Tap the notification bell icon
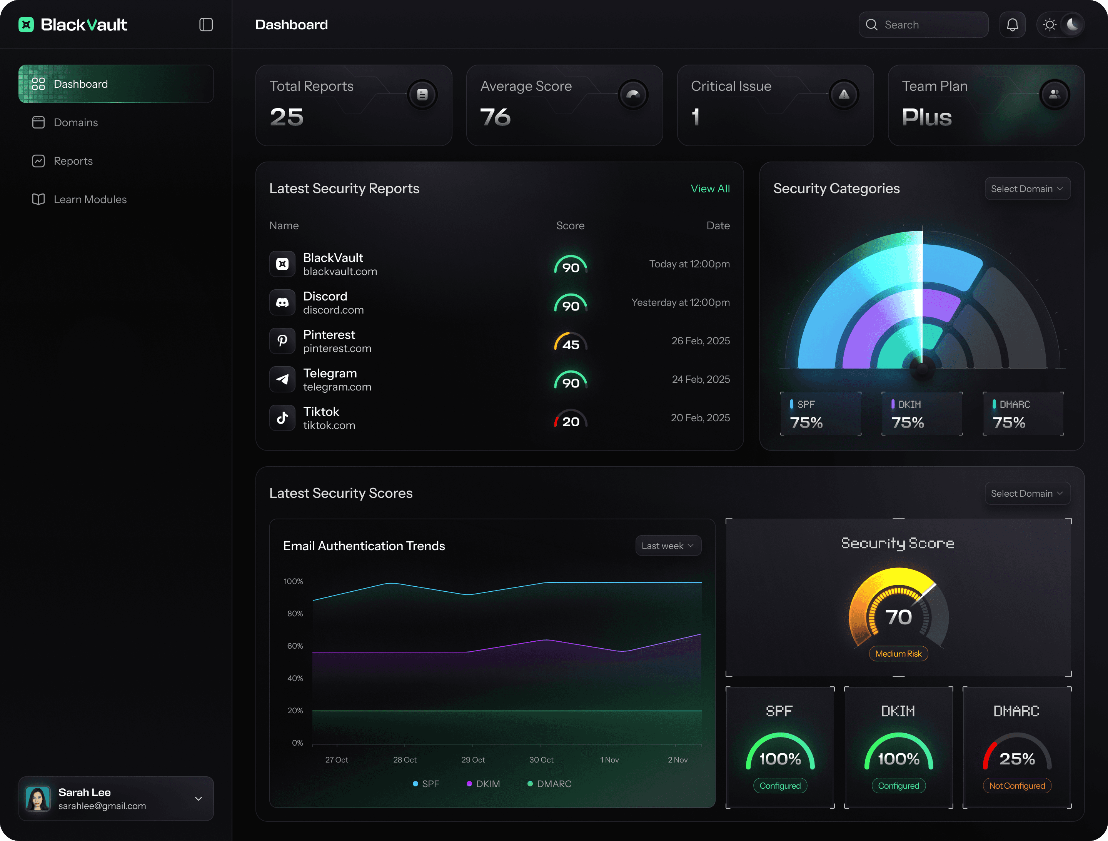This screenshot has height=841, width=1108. (x=1012, y=25)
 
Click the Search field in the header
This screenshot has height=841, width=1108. (x=923, y=25)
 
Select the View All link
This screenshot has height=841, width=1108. (x=710, y=189)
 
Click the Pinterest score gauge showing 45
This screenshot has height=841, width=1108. (x=571, y=342)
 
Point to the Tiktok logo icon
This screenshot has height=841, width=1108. (x=282, y=418)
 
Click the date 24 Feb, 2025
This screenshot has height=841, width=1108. (x=701, y=379)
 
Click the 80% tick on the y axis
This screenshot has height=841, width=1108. (x=295, y=614)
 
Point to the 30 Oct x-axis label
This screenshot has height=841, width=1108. (x=541, y=760)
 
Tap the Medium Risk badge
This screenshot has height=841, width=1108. (x=898, y=654)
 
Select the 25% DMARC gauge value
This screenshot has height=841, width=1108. (x=1017, y=759)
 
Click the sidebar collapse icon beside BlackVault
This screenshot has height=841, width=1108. (x=206, y=25)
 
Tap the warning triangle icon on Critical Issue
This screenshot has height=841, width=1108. (x=844, y=94)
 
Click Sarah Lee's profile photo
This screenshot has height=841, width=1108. (x=38, y=798)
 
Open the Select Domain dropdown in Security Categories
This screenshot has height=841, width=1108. (x=1027, y=189)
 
